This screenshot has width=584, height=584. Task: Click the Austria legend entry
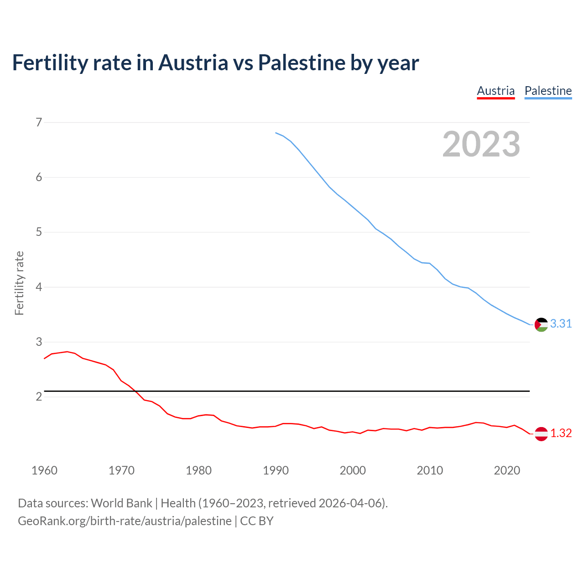[x=495, y=91]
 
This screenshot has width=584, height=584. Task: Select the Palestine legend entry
[x=548, y=91]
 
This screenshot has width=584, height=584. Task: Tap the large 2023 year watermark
[x=481, y=144]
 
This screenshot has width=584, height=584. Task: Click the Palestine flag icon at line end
[x=541, y=324]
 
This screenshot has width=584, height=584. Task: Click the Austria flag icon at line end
[x=541, y=434]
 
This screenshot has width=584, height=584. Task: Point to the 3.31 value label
[x=561, y=324]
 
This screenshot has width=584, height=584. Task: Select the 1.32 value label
[x=561, y=433]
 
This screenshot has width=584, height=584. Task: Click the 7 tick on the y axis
[x=39, y=122]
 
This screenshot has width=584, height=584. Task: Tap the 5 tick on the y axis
[x=39, y=232]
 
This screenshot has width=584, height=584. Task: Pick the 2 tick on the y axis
[x=39, y=397]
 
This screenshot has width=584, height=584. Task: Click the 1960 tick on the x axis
[x=44, y=470]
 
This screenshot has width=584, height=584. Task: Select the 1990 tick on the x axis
[x=276, y=470]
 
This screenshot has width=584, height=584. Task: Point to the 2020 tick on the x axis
[x=507, y=470]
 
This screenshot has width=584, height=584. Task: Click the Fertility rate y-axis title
[x=19, y=283]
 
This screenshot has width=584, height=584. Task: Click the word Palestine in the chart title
[x=301, y=63]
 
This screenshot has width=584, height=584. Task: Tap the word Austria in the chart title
[x=193, y=63]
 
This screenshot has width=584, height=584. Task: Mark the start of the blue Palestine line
[x=276, y=133]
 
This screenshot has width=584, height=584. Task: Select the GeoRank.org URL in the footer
[x=125, y=521]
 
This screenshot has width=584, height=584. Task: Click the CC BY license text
[x=256, y=521]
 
